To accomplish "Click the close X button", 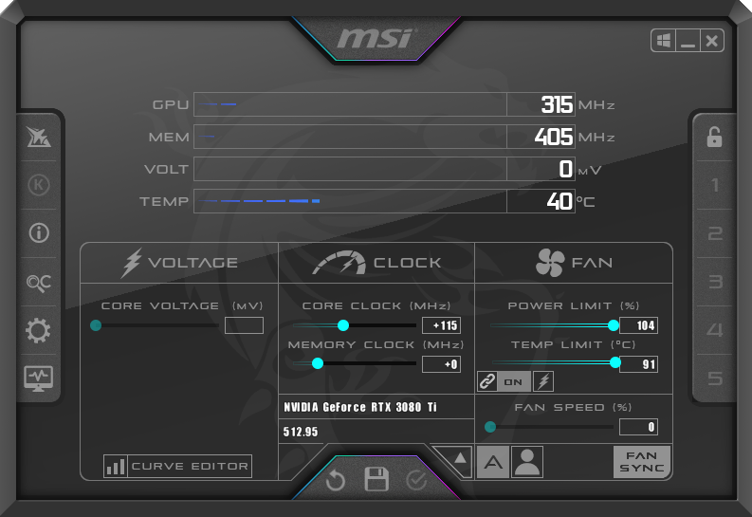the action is tap(712, 41).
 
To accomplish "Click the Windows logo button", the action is tap(663, 41).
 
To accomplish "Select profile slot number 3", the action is tap(715, 282).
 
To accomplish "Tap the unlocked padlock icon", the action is tap(714, 138).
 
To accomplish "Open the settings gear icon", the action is tap(38, 330).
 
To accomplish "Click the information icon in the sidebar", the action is tap(39, 233).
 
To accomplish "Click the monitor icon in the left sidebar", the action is tap(39, 379).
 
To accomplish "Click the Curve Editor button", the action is tap(178, 466).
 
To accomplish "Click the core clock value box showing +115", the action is tap(441, 325).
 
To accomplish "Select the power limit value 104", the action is tap(638, 325).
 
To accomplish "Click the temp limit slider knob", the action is tap(615, 362).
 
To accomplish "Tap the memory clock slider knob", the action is tap(318, 363).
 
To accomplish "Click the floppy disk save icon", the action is tap(376, 479).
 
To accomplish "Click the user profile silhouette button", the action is tap(527, 462).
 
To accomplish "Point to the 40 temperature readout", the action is tap(559, 201).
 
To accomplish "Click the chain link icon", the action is tap(487, 381).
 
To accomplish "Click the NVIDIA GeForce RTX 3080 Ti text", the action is tap(360, 407).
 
